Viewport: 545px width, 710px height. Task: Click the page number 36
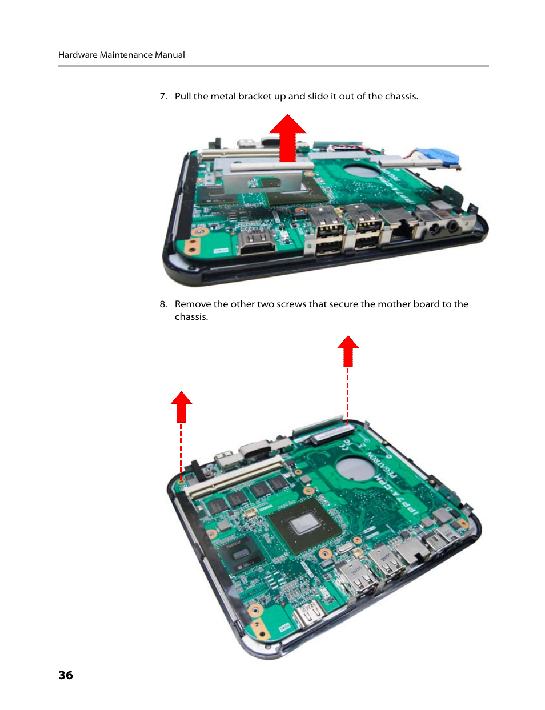pos(66,675)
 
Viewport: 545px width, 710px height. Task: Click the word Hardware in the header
pos(78,55)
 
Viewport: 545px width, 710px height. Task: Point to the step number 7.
pos(163,96)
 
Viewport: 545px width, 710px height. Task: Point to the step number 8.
pos(163,304)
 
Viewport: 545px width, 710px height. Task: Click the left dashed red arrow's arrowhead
pos(182,405)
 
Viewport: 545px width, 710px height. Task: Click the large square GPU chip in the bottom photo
pos(305,526)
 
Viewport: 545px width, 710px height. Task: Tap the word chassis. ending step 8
pos(191,317)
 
